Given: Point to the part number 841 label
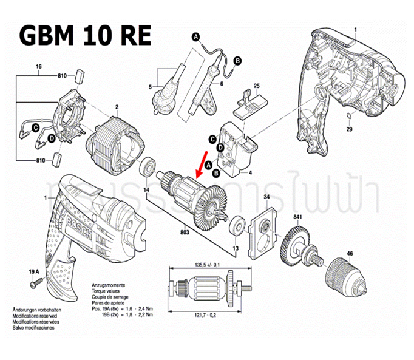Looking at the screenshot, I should [297, 217].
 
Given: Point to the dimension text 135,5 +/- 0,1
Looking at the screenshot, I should [205, 265].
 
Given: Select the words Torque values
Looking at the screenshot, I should [107, 290].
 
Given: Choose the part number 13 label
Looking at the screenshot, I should [235, 249].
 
